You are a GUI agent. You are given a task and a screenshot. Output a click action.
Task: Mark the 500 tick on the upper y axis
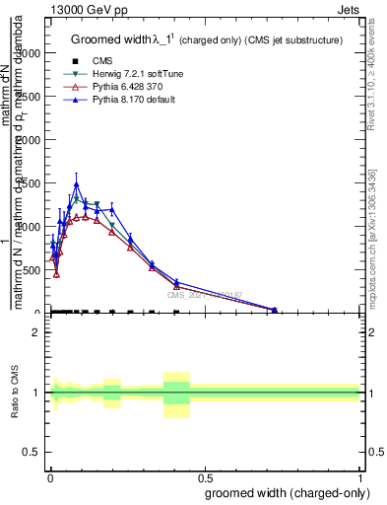(32, 270)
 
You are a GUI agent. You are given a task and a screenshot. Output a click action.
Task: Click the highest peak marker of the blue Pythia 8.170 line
(76, 184)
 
